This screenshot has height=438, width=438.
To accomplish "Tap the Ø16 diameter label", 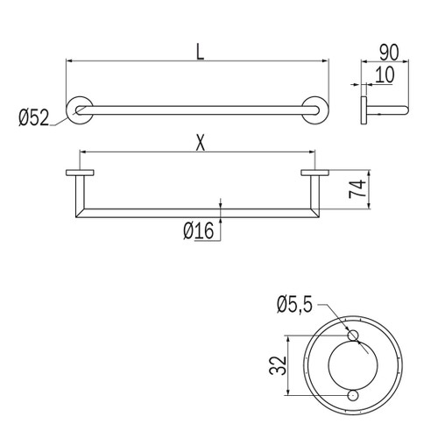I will [200, 231].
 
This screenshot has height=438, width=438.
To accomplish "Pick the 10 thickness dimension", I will [383, 75].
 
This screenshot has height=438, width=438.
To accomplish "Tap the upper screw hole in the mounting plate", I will [352, 337].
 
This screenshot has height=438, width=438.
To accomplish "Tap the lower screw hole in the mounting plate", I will [352, 396].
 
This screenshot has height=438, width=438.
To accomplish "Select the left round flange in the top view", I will [81, 109].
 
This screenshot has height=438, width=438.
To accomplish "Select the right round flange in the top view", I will [314, 109].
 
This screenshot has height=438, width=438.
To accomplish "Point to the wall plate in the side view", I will [363, 110].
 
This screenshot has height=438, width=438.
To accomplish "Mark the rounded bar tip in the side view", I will [404, 110].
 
